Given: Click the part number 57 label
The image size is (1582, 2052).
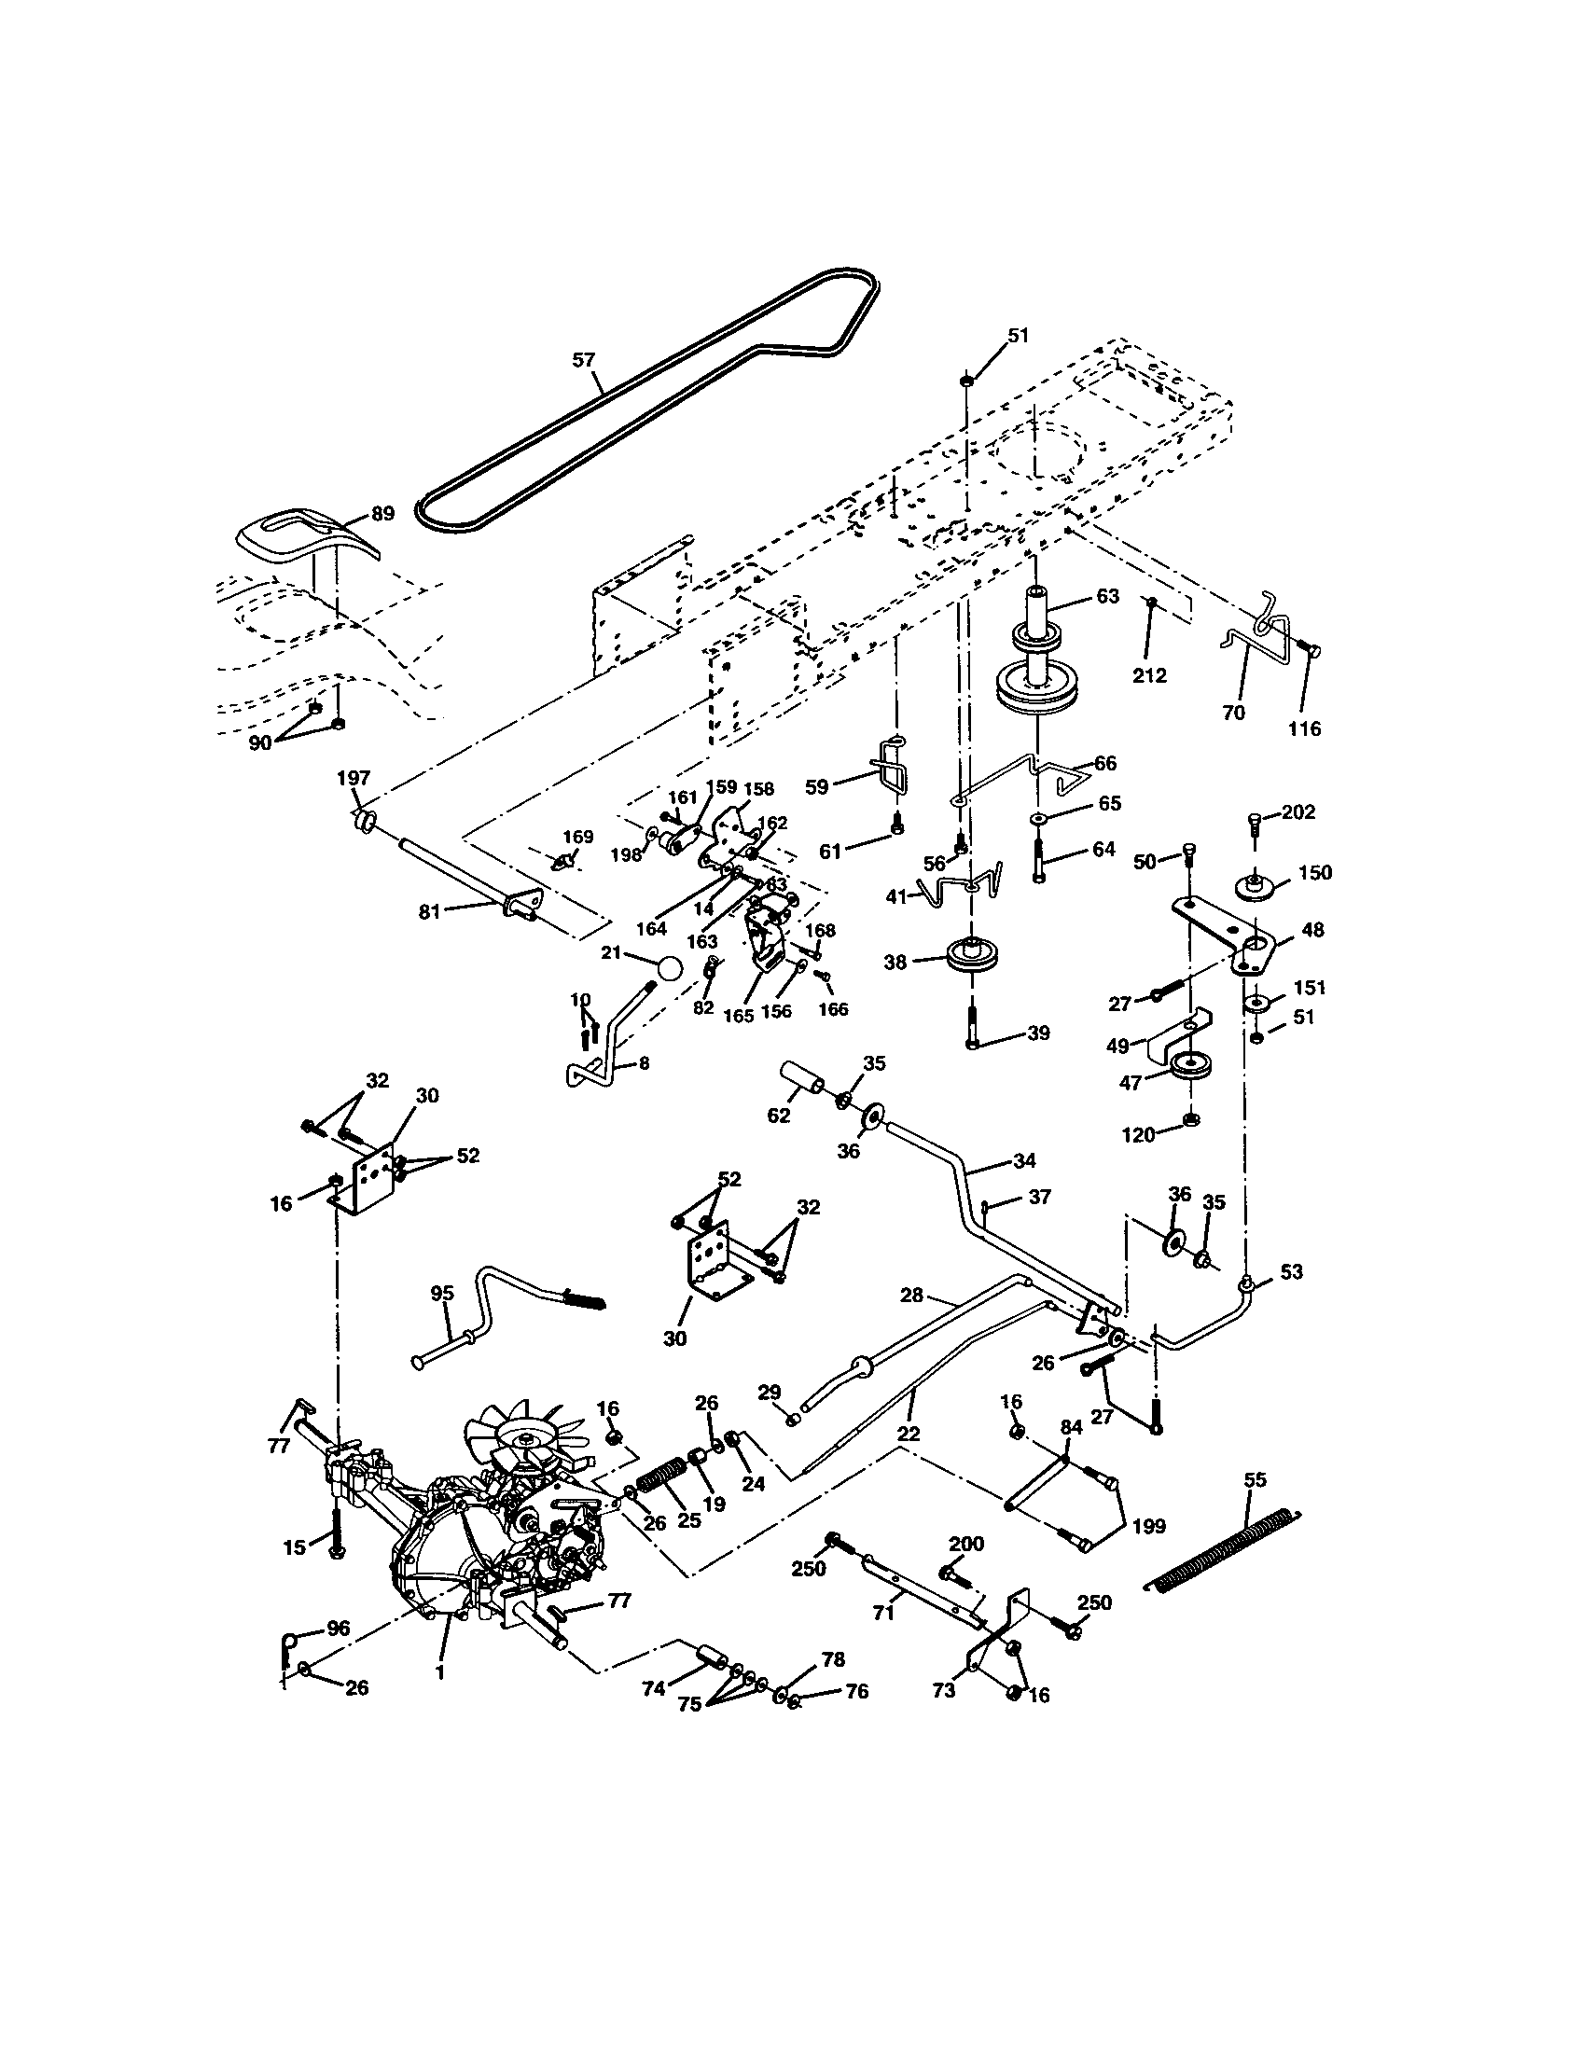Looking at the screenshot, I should point(583,360).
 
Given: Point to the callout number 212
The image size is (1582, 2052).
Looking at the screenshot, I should point(1149,675).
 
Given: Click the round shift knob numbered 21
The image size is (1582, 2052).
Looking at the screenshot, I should point(669,969).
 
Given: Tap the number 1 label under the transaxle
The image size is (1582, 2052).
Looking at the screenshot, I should point(439,1673).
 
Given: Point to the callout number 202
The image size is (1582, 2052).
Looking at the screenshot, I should point(1298,811).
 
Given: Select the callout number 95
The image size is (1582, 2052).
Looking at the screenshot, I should point(441,1294).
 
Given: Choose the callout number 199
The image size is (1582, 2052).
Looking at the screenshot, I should point(1149,1526).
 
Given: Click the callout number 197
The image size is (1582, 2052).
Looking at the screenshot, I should point(354,778).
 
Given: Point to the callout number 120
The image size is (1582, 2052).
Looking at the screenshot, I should point(1139,1135).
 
